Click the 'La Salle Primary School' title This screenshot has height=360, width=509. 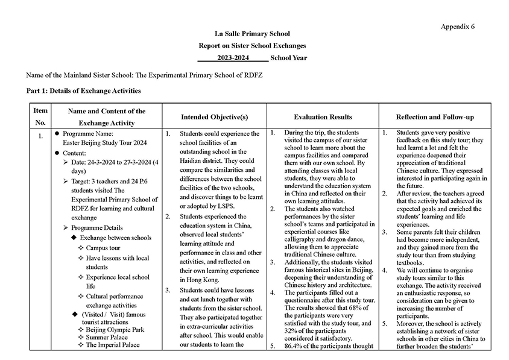pos(252,34)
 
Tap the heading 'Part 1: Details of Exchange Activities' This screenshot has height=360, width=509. pos(83,91)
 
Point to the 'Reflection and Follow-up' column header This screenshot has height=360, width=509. pos(434,116)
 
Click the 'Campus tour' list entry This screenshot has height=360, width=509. pos(103,248)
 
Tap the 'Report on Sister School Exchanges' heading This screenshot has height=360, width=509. pos(252,46)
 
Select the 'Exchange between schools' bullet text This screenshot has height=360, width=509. pos(116,238)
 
